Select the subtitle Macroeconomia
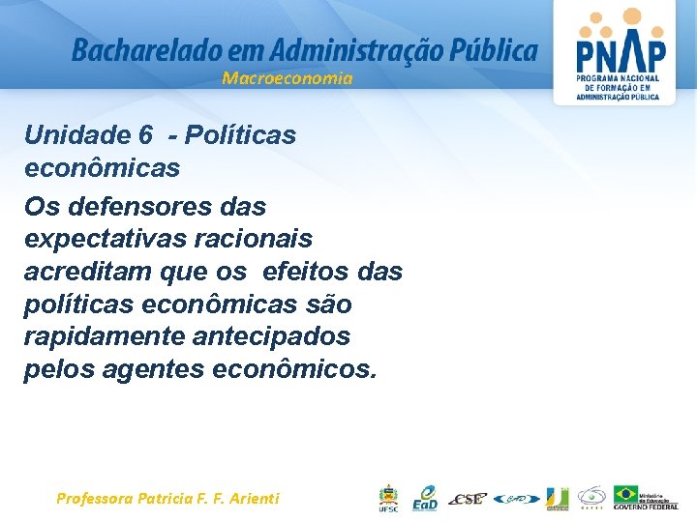click(288, 78)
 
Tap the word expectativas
click(102, 239)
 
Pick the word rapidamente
click(105, 337)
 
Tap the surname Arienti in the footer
click(249, 499)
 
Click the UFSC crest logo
click(387, 498)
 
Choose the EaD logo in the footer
click(425, 498)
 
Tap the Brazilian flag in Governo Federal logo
click(626, 493)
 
